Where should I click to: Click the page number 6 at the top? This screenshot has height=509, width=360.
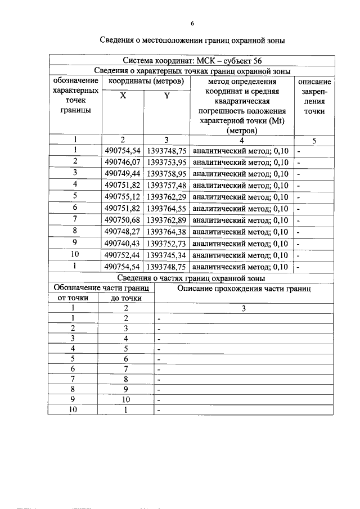click(192, 23)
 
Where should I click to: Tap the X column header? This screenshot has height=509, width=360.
click(123, 96)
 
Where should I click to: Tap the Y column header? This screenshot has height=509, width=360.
click(166, 96)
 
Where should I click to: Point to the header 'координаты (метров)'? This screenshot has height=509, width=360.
click(146, 82)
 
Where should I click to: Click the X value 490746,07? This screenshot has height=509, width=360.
click(123, 162)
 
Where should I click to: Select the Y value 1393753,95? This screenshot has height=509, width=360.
click(166, 162)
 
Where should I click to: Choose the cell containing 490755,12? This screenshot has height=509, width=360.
click(123, 197)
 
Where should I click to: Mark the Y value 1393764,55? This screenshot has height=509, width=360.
click(166, 209)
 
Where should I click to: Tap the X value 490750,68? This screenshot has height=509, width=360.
click(123, 220)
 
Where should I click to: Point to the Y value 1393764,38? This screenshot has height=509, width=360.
click(166, 232)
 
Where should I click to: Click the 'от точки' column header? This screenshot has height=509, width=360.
click(74, 298)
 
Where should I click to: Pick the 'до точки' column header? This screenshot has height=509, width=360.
click(126, 298)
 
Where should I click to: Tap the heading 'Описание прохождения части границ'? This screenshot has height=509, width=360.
click(244, 289)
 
